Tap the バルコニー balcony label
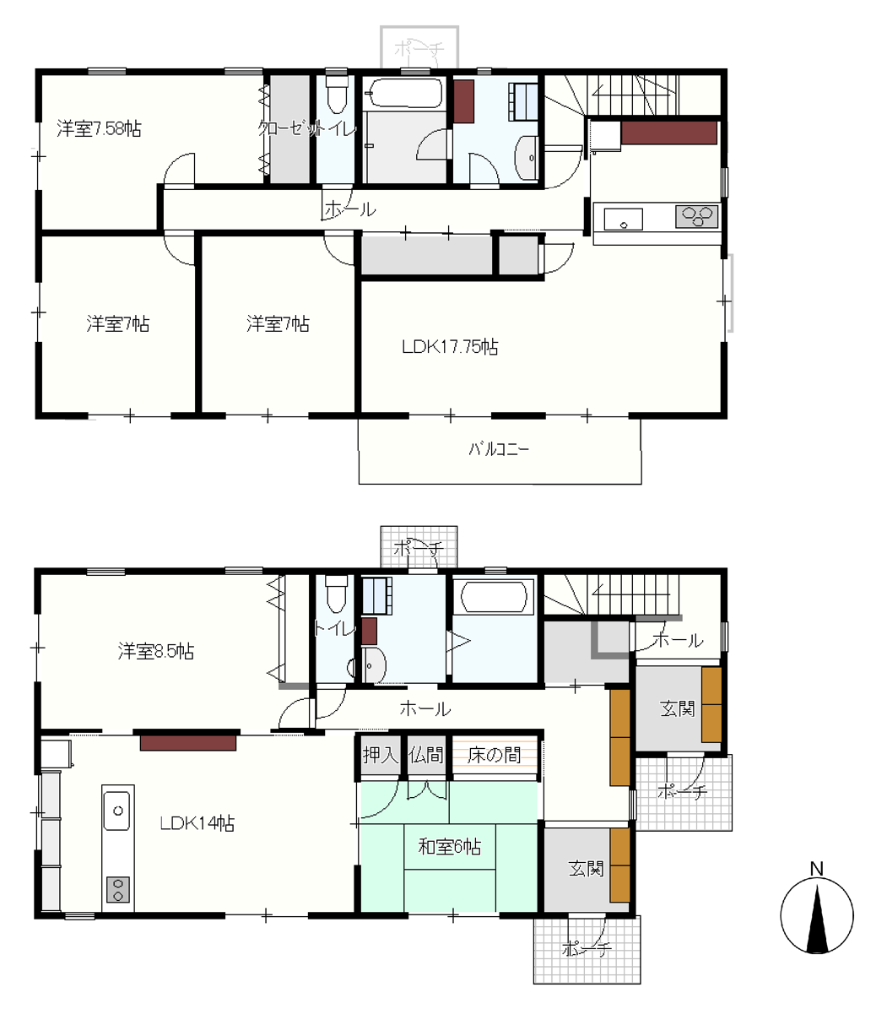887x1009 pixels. click(499, 448)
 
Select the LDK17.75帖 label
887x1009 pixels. click(450, 347)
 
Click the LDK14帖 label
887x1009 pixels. click(197, 823)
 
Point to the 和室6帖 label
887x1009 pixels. click(450, 846)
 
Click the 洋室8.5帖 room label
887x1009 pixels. click(155, 651)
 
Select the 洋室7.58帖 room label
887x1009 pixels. click(99, 128)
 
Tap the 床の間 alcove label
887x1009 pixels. click(494, 754)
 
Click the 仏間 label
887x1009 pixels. click(426, 754)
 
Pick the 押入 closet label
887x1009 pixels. click(380, 754)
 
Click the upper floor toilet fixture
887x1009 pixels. click(337, 94)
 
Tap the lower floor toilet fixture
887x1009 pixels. click(337, 594)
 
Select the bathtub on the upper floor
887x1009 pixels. click(403, 94)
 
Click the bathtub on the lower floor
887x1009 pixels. click(494, 596)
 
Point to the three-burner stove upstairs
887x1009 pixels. click(696, 216)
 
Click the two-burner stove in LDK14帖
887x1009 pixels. click(117, 889)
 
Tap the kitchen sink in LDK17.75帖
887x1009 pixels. click(623, 220)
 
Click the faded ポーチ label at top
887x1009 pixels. click(419, 48)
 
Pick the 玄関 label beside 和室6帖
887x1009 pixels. click(586, 869)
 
